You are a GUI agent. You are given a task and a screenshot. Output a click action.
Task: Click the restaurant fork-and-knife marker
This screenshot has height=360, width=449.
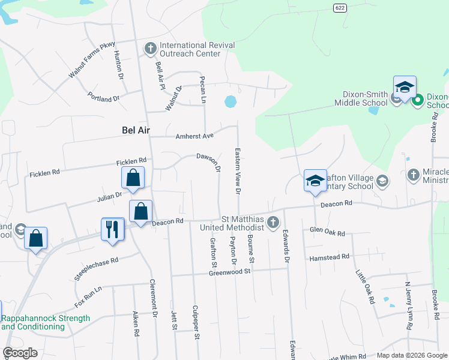tap(113, 229)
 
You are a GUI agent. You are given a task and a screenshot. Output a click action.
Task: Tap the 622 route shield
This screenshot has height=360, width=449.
tap(340, 6)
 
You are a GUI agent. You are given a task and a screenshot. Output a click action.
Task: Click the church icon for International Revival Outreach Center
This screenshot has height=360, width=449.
tap(150, 47)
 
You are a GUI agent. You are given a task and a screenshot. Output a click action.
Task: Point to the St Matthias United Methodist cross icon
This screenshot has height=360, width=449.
tap(273, 223)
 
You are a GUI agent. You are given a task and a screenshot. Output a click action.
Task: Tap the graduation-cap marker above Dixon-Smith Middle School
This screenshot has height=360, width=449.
tap(405, 88)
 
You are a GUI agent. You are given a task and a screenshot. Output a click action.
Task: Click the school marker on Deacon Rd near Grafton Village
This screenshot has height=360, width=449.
tap(315, 181)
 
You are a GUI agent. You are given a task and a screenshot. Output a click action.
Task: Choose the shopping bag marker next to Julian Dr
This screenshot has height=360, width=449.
tap(133, 178)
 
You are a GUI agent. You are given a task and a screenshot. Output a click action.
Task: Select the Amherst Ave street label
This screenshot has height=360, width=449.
tap(195, 136)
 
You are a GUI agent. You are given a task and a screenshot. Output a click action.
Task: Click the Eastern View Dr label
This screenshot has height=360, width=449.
tap(238, 170)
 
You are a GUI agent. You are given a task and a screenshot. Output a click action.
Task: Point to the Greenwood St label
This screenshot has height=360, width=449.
tap(229, 272)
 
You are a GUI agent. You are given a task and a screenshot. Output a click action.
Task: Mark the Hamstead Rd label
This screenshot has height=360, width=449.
tap(329, 258)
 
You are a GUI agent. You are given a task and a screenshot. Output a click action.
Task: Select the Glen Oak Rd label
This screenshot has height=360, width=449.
tap(328, 232)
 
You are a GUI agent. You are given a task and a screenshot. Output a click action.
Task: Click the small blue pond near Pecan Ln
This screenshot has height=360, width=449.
tap(230, 102)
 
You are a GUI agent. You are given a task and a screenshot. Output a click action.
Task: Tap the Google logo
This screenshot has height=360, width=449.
tap(20, 352)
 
